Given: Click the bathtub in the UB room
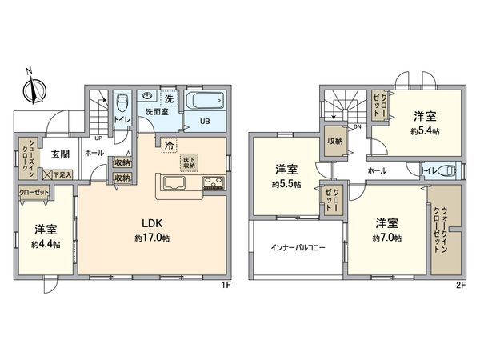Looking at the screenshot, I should (206, 102).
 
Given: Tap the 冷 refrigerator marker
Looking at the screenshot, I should (169, 146).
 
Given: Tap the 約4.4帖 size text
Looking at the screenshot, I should (45, 244).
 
